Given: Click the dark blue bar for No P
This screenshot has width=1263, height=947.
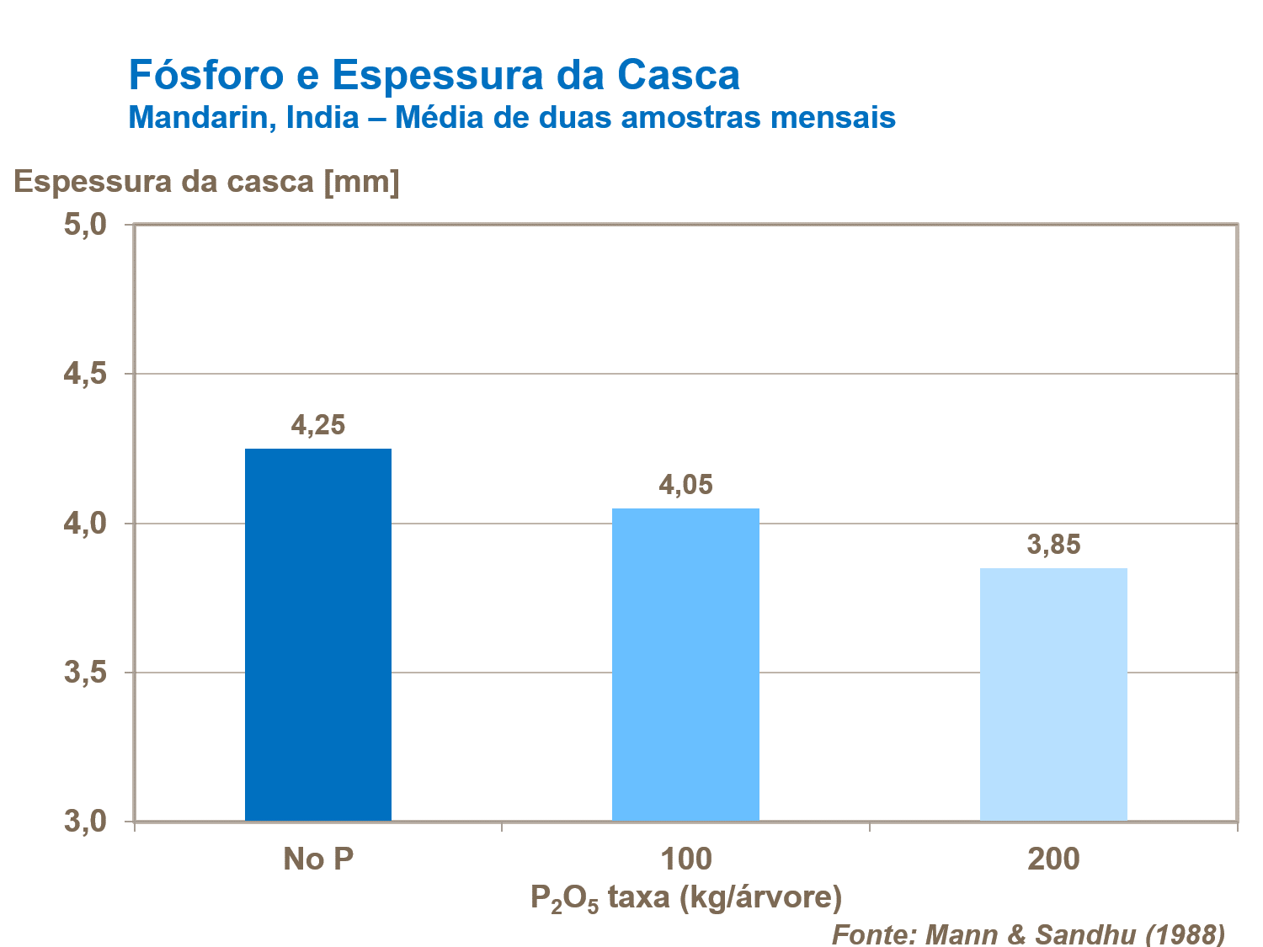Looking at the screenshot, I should click(318, 635).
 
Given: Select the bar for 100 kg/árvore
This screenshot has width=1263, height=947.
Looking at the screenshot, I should click(685, 664).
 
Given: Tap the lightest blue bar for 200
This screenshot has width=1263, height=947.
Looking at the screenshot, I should click(1053, 694).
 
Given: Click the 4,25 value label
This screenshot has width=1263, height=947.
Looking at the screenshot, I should click(318, 425).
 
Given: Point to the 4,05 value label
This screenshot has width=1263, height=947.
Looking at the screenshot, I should click(685, 485).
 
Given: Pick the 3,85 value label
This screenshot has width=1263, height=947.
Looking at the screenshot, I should click(1053, 545).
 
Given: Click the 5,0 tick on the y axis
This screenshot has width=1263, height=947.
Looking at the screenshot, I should click(86, 225).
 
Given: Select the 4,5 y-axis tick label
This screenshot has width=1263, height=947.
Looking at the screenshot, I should click(86, 375).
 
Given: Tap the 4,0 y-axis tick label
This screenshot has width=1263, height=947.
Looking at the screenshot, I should click(86, 524).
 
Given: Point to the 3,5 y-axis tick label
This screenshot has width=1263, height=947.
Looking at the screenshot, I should click(86, 673).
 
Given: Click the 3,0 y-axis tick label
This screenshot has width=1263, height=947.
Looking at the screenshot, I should click(86, 822).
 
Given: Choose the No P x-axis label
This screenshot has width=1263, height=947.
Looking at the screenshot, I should click(318, 859).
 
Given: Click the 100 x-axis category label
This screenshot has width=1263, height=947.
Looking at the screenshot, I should click(685, 859).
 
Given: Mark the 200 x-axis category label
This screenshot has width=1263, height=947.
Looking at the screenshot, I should click(1053, 859).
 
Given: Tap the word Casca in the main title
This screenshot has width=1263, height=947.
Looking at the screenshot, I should click(679, 75).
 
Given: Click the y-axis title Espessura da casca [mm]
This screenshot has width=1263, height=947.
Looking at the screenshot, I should click(207, 181).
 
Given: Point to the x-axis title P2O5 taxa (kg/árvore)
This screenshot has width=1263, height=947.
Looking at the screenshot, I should click(685, 898).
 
